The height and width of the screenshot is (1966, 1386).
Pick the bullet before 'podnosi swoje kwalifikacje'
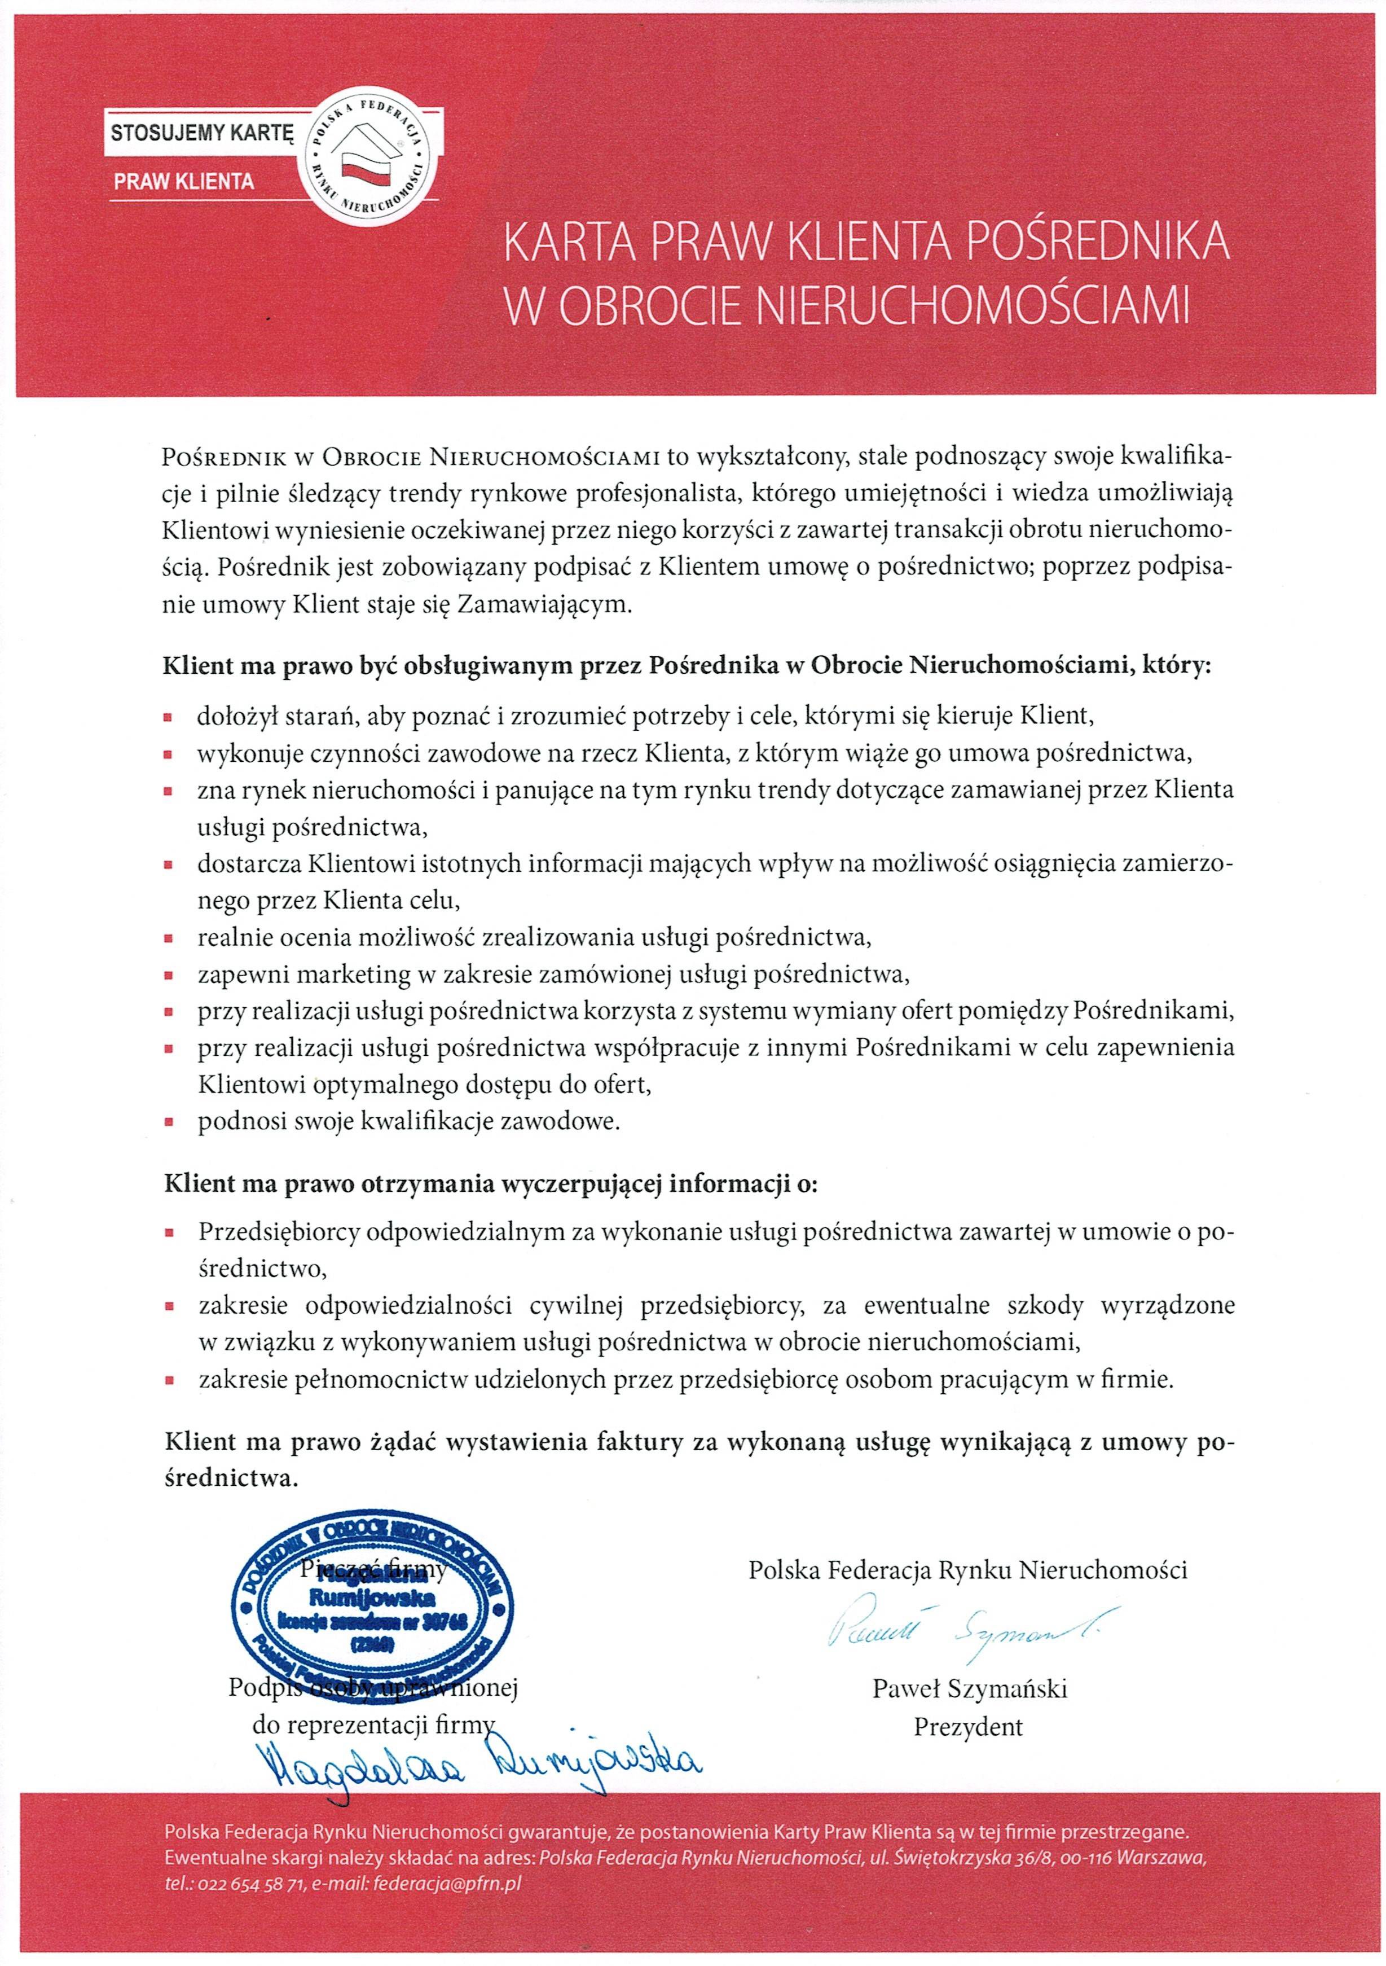tap(169, 1122)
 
